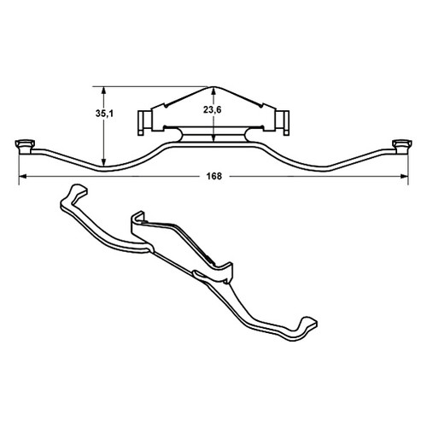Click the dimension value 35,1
coord(104,114)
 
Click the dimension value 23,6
coord(213,110)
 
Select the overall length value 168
coord(214,177)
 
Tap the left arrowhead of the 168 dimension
coord(23,177)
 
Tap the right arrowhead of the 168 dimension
coord(404,177)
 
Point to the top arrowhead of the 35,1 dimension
coord(104,91)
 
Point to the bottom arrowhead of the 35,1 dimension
coord(104,161)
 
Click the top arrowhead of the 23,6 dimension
coord(213,91)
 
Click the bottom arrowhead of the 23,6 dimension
coord(213,137)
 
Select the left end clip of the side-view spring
coord(25,146)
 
